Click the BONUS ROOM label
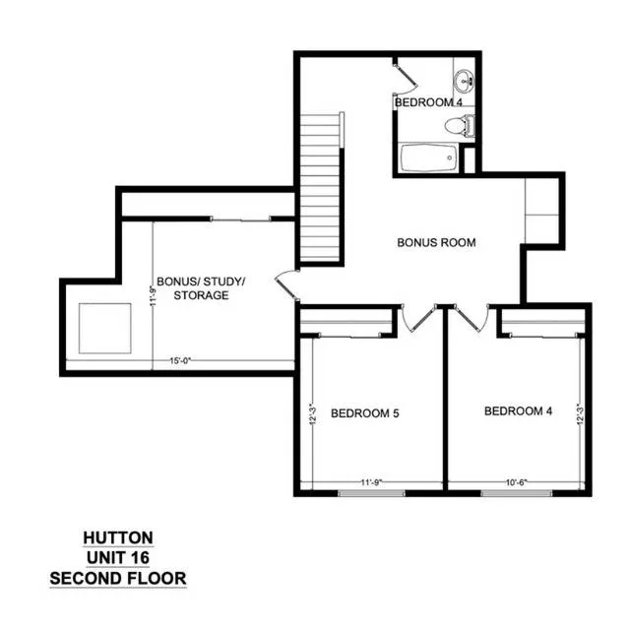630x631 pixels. point(436,243)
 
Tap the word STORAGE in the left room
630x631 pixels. point(201,295)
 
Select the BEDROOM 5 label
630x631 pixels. point(365,413)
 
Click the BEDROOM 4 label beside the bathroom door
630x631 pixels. point(429,102)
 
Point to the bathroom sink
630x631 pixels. point(465,81)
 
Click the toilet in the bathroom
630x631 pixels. point(461,125)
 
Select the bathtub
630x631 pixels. point(429,158)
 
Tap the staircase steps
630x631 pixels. point(320,188)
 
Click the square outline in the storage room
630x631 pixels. point(105,329)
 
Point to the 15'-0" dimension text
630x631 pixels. point(179,361)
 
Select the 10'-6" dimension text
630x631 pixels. point(517,482)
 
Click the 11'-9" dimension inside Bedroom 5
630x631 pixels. point(371,482)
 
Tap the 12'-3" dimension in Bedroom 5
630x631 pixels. point(313,414)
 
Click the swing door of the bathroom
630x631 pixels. point(407,77)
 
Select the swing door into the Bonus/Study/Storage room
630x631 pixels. point(286,284)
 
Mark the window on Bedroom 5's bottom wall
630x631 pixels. point(372,493)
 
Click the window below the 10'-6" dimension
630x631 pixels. point(517,493)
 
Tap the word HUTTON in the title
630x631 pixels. point(118,538)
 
